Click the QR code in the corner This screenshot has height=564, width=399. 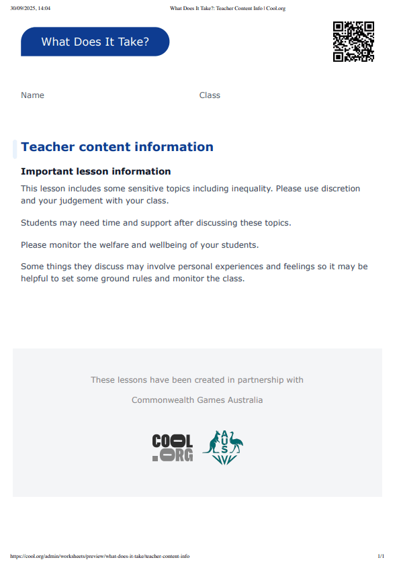pyautogui.click(x=353, y=42)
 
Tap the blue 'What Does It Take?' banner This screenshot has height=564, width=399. pyautogui.click(x=95, y=42)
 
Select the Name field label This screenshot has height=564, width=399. pyautogui.click(x=32, y=95)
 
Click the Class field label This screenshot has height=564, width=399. pyautogui.click(x=210, y=95)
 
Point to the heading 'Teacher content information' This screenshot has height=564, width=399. pyautogui.click(x=117, y=147)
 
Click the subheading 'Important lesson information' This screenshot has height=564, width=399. pyautogui.click(x=95, y=172)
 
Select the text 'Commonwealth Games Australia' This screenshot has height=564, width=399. pyautogui.click(x=197, y=400)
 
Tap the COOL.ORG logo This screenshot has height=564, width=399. pyautogui.click(x=172, y=447)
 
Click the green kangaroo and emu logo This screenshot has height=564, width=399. pyautogui.click(x=222, y=447)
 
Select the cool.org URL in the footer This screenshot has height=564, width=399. pyautogui.click(x=100, y=556)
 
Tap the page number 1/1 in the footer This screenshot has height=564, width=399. pyautogui.click(x=381, y=556)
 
